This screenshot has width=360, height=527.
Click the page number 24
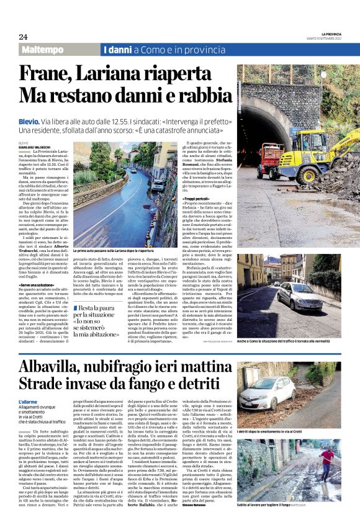[x=23, y=36]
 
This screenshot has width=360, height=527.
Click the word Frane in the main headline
[x=47, y=73]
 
